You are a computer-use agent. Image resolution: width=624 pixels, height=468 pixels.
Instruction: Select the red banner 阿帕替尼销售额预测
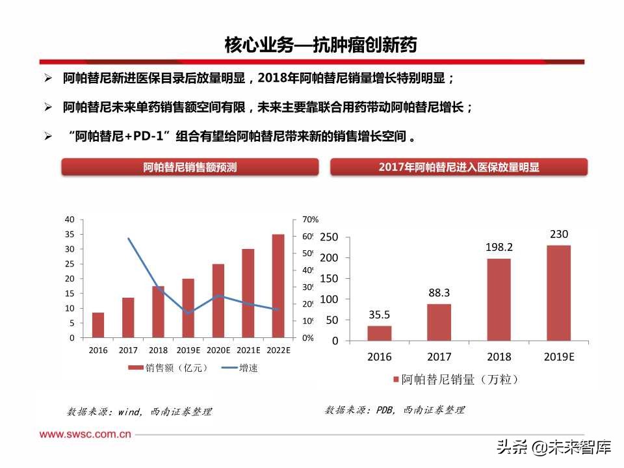[190, 167]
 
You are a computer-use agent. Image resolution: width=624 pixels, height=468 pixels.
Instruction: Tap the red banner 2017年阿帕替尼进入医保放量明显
[459, 167]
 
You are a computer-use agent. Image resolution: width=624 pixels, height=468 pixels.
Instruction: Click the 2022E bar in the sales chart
[278, 286]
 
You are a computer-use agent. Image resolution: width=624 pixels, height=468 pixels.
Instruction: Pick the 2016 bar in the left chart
[98, 325]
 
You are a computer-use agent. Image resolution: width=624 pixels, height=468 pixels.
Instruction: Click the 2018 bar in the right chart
[499, 300]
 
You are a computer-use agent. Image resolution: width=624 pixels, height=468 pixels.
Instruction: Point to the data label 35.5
[380, 315]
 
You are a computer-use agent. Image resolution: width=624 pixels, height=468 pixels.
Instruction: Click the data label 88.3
[439, 292]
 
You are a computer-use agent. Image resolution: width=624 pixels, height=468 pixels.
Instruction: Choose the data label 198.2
[499, 248]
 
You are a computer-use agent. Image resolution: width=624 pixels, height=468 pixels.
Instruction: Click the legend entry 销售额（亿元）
[168, 368]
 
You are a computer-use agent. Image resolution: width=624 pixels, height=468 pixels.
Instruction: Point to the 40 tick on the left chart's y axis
[70, 220]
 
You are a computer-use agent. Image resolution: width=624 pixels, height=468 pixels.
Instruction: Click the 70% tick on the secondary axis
[310, 220]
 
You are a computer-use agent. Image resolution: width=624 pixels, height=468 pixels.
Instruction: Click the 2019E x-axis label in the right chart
[558, 357]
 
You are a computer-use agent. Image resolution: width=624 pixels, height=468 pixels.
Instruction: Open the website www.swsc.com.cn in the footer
[85, 434]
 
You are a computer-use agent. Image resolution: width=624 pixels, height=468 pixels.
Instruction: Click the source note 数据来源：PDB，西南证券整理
[395, 410]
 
